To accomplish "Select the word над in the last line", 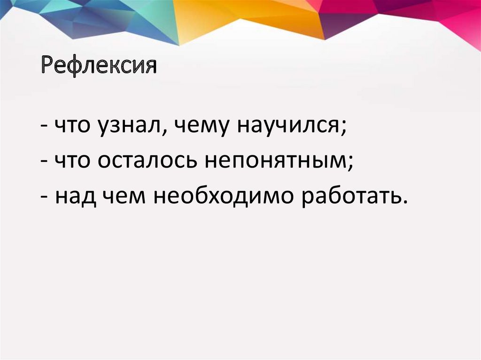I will tap(73, 196).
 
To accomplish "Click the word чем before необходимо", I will tap(123, 196).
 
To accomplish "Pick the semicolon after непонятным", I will tap(351, 164).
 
